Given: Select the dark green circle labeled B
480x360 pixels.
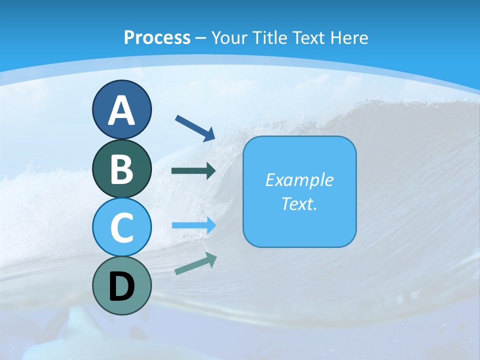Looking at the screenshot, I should click(121, 169).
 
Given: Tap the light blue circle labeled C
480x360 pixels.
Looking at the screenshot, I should click(121, 227).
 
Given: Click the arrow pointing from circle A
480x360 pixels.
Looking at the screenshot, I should click(195, 127).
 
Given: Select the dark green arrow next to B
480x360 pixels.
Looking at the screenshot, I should click(193, 170).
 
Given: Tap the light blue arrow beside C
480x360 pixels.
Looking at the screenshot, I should click(193, 225).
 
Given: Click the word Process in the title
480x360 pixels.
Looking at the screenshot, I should click(157, 37).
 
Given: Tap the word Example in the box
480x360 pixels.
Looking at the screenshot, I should click(299, 180).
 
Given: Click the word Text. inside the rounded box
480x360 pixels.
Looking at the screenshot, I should click(299, 204).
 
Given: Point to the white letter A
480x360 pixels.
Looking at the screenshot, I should click(121, 110).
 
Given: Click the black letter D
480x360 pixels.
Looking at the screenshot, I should click(121, 287).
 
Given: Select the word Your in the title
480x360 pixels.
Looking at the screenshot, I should click(229, 37).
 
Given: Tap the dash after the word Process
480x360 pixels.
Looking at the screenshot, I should click(200, 38).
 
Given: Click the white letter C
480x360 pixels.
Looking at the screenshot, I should click(121, 228).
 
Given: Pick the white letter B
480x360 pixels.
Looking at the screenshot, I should click(121, 169).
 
